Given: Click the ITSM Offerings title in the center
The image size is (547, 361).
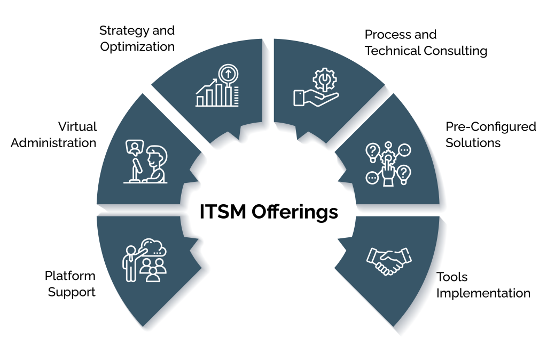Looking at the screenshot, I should [x=269, y=212].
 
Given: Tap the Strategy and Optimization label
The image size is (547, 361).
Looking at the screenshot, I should [x=137, y=38].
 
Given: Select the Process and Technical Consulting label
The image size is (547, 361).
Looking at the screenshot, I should [x=426, y=43].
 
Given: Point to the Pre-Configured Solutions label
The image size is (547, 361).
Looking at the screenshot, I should [x=490, y=134].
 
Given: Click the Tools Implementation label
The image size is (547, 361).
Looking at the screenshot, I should [x=483, y=285].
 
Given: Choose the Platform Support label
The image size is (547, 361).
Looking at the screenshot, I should [x=71, y=284].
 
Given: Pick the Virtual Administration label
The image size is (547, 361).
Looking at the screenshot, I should [x=54, y=134].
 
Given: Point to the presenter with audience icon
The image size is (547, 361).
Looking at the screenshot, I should [x=145, y=261].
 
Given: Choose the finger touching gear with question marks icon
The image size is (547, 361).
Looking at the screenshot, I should [x=388, y=163].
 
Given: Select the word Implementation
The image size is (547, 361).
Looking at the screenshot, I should [x=483, y=293].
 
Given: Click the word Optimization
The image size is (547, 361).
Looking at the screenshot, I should [x=137, y=46].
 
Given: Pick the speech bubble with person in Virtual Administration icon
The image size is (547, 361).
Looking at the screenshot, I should [x=134, y=146].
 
